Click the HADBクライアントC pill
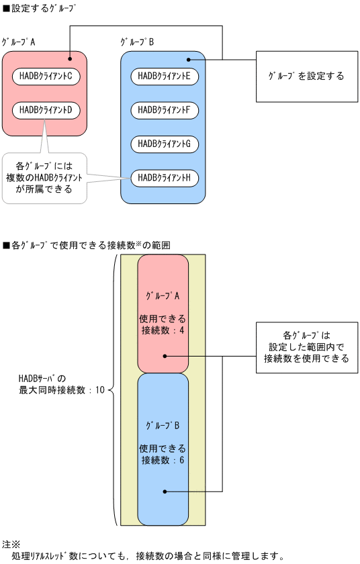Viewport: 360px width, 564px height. coord(46,76)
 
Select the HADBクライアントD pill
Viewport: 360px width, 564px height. coord(46,109)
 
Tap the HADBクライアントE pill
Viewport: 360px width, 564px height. coord(165,76)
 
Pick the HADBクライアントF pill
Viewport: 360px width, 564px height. coord(165,109)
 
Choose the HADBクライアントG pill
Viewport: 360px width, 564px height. coord(165,143)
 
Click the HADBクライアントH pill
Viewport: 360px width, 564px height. coord(165,177)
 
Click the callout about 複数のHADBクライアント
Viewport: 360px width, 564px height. coord(44,177)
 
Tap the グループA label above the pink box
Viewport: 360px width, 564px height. coord(19,42)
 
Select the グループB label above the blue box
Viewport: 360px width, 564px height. coord(138,42)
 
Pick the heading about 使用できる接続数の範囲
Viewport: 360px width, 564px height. coord(87,245)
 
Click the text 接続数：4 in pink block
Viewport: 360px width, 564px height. coord(163,330)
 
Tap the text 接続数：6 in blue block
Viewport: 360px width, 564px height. coord(163,460)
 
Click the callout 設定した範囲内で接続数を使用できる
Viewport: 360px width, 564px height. coord(306,346)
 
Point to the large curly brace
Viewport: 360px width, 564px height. coord(113,389)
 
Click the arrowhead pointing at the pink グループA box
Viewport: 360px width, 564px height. coord(70,55)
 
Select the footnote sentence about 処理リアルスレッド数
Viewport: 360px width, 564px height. coord(148,556)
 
